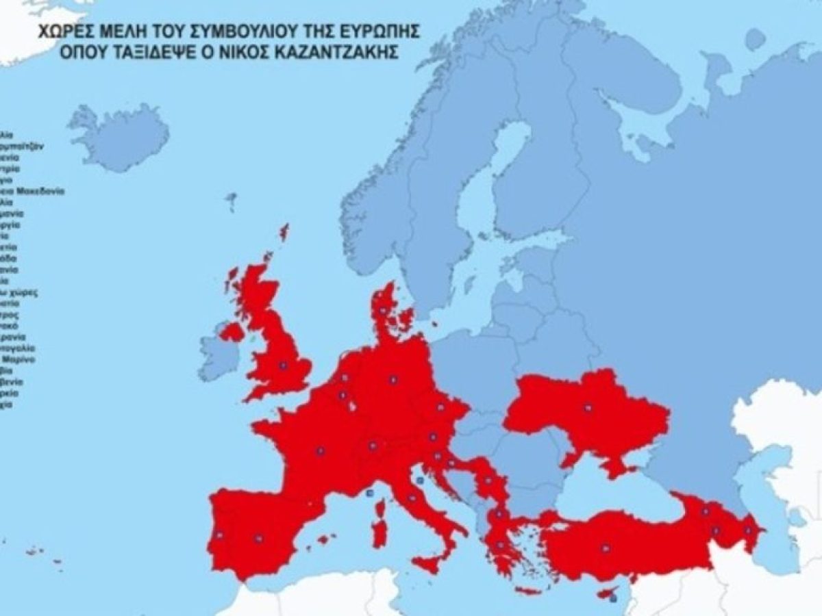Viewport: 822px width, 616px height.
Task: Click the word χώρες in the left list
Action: (23, 292)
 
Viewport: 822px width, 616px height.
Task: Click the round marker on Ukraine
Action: (587, 408)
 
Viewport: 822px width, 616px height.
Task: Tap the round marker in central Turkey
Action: (605, 548)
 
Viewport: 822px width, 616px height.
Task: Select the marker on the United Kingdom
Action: (280, 365)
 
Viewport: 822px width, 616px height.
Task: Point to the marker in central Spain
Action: (258, 539)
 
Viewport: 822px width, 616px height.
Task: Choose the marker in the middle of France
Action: (320, 451)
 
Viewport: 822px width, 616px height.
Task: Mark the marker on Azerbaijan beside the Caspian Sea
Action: (748, 530)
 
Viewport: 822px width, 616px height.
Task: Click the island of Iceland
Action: (120, 137)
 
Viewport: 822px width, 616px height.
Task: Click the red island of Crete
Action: (527, 591)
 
